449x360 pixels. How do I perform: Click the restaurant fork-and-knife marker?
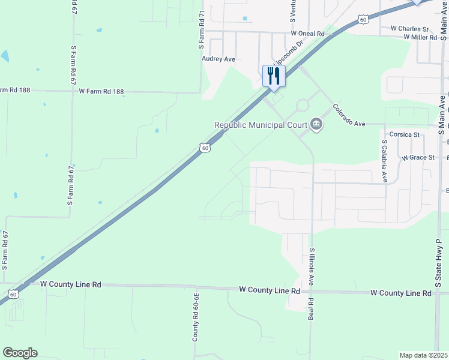(x=274, y=76)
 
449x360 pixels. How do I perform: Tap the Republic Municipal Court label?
(x=261, y=125)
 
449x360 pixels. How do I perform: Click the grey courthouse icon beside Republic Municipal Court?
(x=317, y=125)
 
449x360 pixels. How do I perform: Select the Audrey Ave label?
(x=218, y=59)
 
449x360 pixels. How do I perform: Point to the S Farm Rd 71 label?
(x=202, y=29)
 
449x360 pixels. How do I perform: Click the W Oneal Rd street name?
(x=307, y=34)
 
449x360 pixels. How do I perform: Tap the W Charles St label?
(x=409, y=28)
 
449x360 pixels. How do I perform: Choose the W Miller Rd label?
(x=424, y=37)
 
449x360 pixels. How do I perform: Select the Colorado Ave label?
(x=349, y=115)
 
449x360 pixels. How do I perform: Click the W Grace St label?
(x=418, y=157)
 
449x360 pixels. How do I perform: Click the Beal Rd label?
(x=312, y=309)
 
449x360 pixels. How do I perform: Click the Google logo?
(x=20, y=353)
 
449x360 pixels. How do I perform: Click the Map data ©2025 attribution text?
(x=423, y=355)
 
